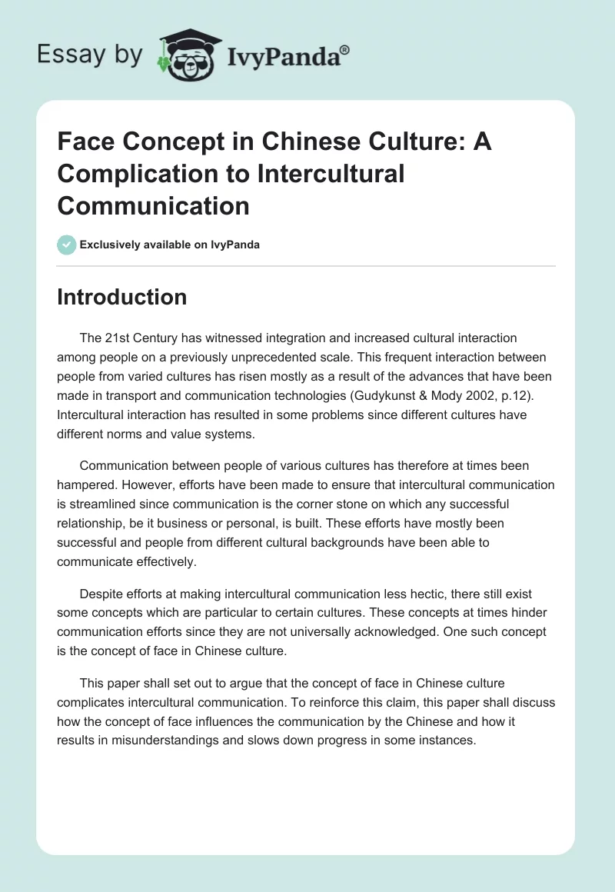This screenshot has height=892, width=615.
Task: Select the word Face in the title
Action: [84, 143]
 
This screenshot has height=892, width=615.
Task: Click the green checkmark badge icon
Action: [66, 245]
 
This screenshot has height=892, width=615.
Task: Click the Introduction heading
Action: [121, 297]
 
